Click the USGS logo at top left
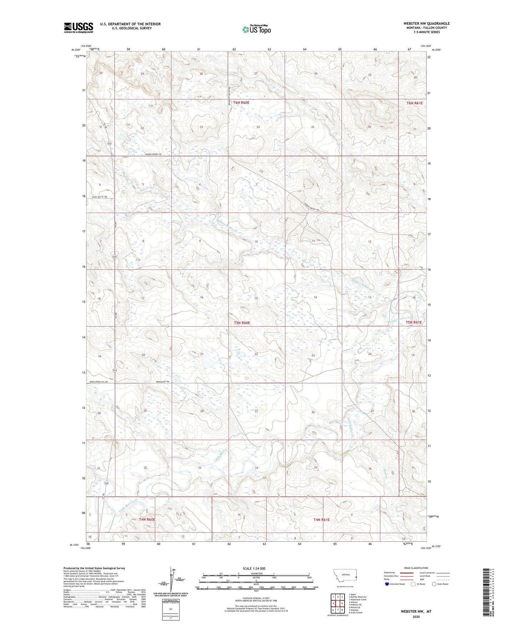(x=79, y=28)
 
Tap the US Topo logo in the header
(x=256, y=30)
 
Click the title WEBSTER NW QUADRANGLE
(x=426, y=24)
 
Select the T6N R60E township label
(x=241, y=103)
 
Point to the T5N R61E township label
(x=414, y=322)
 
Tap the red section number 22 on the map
(x=256, y=354)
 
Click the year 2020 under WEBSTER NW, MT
(x=416, y=616)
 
